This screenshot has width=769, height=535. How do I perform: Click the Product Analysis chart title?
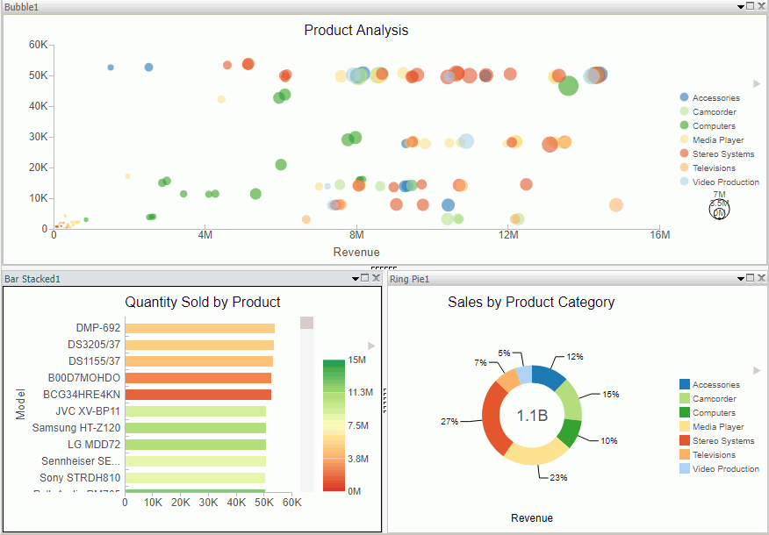pos(356,31)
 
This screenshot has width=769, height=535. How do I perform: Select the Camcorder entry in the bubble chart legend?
pos(714,112)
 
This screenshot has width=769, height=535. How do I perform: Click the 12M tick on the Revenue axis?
pos(508,235)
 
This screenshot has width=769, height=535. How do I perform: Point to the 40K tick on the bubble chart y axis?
pos(38,106)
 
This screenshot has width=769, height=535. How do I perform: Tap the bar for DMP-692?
pos(199,328)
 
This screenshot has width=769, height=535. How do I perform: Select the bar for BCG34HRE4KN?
pos(198,394)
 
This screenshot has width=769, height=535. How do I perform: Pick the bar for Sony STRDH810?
pos(195,478)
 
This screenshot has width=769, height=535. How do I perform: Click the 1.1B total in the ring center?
pos(532,416)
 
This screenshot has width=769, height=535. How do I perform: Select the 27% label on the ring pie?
pos(449,422)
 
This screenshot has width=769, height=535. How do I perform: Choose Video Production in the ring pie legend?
pos(725,469)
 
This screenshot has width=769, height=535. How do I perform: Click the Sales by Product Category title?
pos(531,303)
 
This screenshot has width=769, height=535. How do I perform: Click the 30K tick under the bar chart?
pos(208,503)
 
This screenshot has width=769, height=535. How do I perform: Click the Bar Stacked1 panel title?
pos(32,279)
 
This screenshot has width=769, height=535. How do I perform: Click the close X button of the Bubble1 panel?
pos(760,6)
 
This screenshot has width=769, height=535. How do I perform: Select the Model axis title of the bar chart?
pos(21,404)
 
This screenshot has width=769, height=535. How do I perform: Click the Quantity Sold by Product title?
pos(203,303)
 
